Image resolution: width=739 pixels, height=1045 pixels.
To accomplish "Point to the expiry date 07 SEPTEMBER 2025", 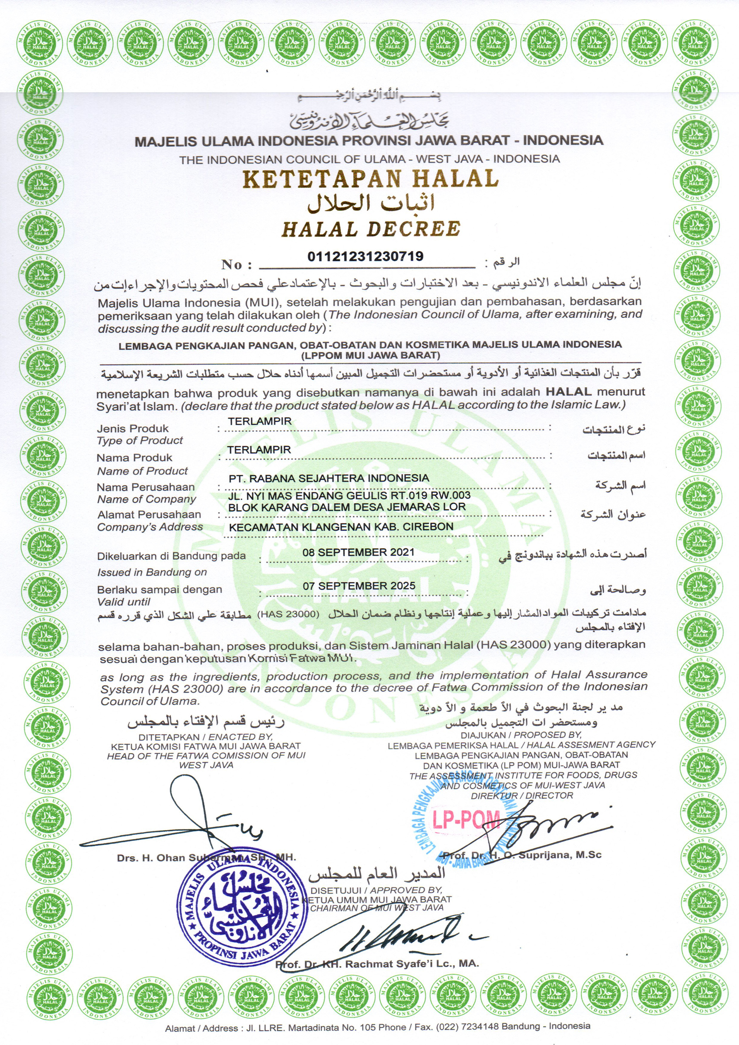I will [x=359, y=586].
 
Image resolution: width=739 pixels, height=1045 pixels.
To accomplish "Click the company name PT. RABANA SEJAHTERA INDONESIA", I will [x=328, y=478].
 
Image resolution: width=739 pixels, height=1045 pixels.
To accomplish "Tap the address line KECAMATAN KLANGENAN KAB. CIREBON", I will [x=340, y=527].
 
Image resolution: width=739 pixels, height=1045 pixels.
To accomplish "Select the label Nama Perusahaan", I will [x=145, y=487].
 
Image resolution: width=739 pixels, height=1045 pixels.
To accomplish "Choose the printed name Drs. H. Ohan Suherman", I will [x=206, y=858].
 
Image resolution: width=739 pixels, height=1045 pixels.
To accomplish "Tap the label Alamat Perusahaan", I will [x=149, y=514].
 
